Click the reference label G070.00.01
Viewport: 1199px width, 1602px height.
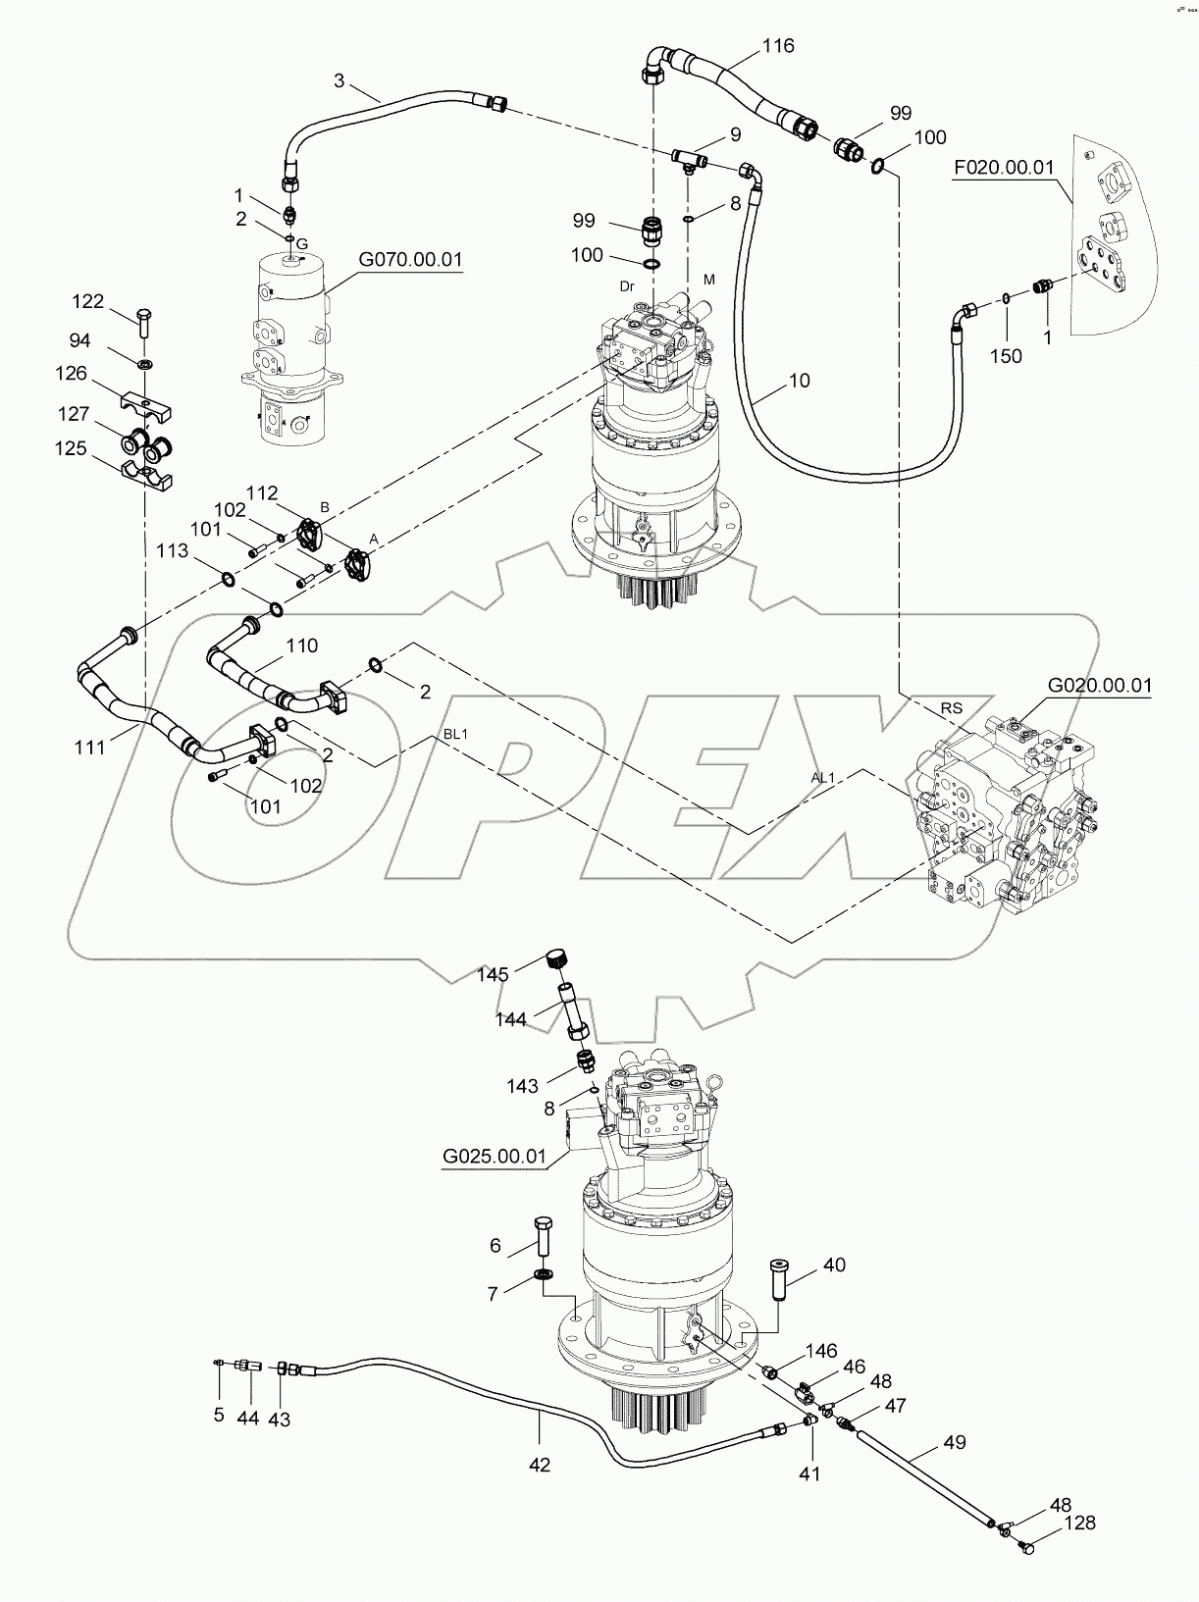409,260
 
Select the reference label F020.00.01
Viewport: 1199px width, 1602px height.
1004,168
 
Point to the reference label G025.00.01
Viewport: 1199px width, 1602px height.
494,1156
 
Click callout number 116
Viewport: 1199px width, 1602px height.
777,46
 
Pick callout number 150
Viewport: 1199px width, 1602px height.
1006,355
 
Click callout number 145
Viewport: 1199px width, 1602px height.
493,974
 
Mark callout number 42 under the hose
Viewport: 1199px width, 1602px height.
539,1465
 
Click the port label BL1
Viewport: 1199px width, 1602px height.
454,734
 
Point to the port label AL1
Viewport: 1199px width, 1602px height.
822,777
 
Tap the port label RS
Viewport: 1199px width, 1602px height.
951,707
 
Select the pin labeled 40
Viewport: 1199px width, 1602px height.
778,1278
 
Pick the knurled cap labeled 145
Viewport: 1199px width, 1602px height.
557,957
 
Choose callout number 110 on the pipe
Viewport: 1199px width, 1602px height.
302,646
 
